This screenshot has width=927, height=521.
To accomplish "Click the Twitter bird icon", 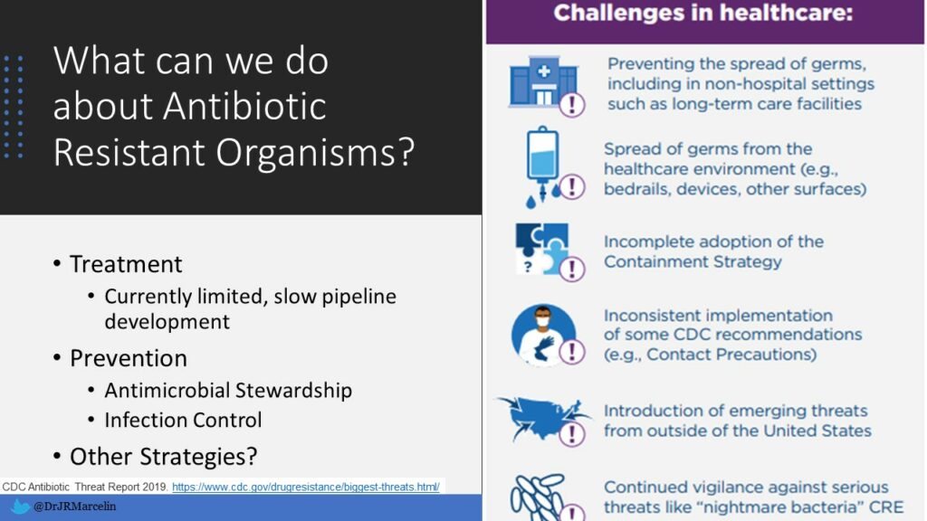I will tap(19, 507).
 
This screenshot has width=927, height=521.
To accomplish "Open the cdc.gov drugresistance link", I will tap(305, 487).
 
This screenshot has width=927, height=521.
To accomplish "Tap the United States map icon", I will tap(540, 417).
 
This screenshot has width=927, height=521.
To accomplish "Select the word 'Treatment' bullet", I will tap(126, 264).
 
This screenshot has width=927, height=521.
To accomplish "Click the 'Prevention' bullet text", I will tap(129, 358).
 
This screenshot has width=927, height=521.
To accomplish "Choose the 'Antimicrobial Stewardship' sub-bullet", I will tap(228, 391).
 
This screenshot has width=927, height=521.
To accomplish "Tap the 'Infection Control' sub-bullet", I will tap(183, 421).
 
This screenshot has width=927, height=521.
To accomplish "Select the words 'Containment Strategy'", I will tap(693, 262).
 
